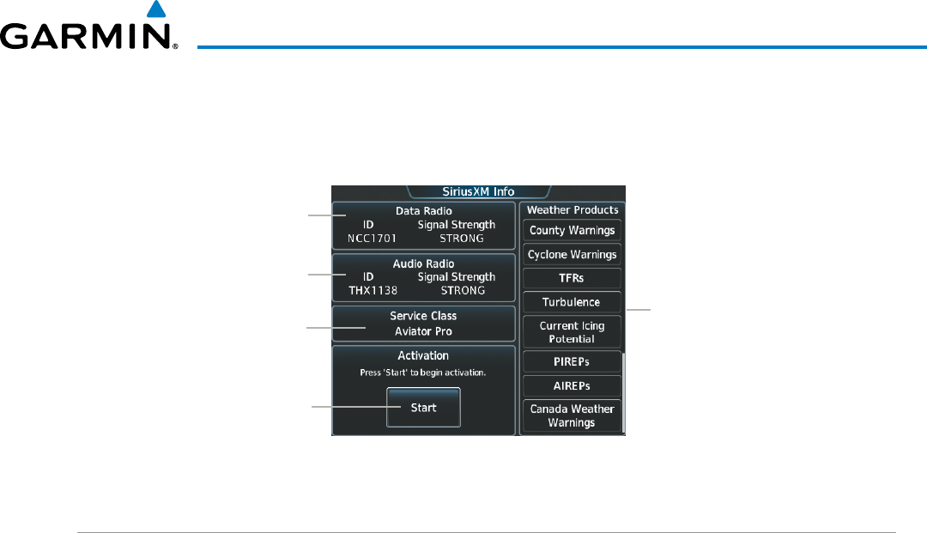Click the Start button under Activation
pyautogui.click(x=423, y=408)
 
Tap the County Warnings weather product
pyautogui.click(x=572, y=231)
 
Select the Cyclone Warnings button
pyautogui.click(x=572, y=255)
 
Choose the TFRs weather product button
pyautogui.click(x=572, y=279)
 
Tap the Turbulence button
pyautogui.click(x=572, y=302)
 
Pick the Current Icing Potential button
pyautogui.click(x=572, y=332)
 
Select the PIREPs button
pyautogui.click(x=572, y=362)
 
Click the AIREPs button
pyautogui.click(x=572, y=386)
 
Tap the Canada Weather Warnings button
pyautogui.click(x=572, y=415)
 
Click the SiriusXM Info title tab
pyautogui.click(x=478, y=191)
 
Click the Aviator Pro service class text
pyautogui.click(x=424, y=331)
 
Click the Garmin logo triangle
pyautogui.click(x=155, y=10)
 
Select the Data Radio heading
pyautogui.click(x=424, y=210)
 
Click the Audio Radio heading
pyautogui.click(x=424, y=263)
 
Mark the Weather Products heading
pyautogui.click(x=572, y=209)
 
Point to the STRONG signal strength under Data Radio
pyautogui.click(x=462, y=238)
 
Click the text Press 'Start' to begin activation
pyautogui.click(x=423, y=372)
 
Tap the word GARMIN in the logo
pyautogui.click(x=86, y=37)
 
